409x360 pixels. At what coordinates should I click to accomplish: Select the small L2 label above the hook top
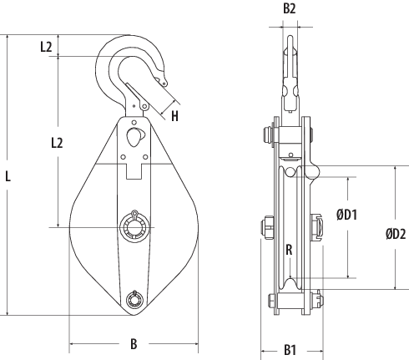pos(47,47)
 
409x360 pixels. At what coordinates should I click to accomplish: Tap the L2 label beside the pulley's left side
pos(57,143)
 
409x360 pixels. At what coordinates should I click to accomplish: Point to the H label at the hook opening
pos(174,116)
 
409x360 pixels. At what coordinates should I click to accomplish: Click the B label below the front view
pos(134,343)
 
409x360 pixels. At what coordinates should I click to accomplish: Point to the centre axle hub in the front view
pos(134,226)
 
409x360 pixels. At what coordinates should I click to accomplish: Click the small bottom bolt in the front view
pos(134,299)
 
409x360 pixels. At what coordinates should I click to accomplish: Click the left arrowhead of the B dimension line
pos(72,343)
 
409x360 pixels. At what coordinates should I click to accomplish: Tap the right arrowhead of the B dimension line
pos(196,343)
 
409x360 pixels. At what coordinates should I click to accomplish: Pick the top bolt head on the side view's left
pos(265,134)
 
